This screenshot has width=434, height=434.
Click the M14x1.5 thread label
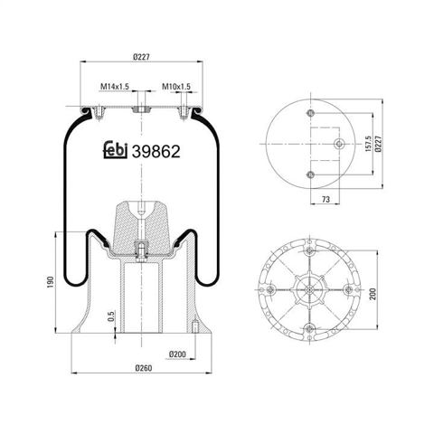[115, 87]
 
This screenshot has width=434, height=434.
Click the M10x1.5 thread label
[176, 87]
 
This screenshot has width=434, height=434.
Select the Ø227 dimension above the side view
[142, 57]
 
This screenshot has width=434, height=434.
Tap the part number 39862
[156, 151]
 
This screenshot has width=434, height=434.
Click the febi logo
[116, 150]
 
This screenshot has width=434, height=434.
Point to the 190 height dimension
[51, 282]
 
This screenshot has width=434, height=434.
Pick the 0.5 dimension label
[111, 316]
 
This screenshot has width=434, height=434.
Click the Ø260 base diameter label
[144, 368]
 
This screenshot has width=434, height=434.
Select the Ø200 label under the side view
[177, 354]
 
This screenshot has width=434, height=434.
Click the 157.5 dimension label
[368, 144]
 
